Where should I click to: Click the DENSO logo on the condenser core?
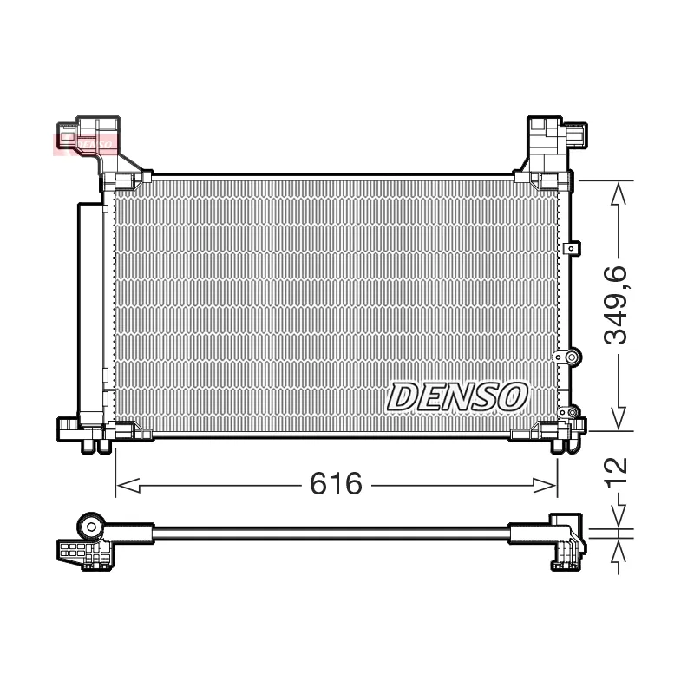[x=456, y=396]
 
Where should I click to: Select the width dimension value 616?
[x=336, y=483]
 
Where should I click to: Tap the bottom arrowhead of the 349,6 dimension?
[x=618, y=421]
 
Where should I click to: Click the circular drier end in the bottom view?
[x=91, y=525]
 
